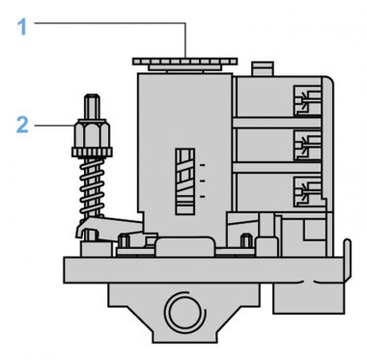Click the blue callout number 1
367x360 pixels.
(22, 27)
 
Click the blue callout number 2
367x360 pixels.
(22, 125)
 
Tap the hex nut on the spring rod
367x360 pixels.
(92, 134)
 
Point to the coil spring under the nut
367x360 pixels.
(92, 186)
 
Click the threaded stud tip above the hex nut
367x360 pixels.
(92, 107)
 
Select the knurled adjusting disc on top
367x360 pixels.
(184, 62)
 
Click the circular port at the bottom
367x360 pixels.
(184, 312)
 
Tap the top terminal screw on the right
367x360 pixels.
(308, 100)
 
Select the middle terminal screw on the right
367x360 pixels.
(308, 146)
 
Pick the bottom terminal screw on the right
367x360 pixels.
(308, 192)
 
